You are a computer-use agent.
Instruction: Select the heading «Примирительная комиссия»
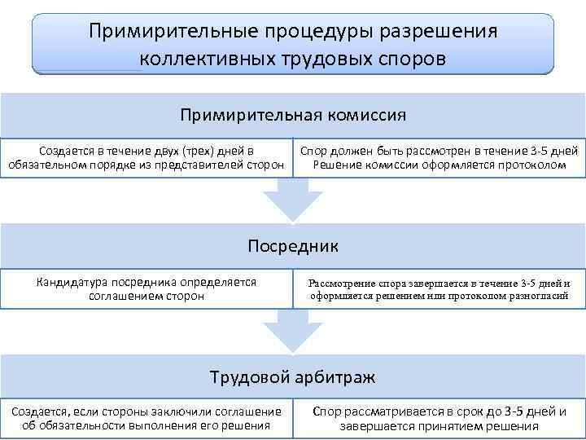point(293,114)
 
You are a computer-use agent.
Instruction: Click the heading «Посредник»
point(293,245)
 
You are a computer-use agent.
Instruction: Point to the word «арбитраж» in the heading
point(339,377)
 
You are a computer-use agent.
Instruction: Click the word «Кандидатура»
point(73,282)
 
